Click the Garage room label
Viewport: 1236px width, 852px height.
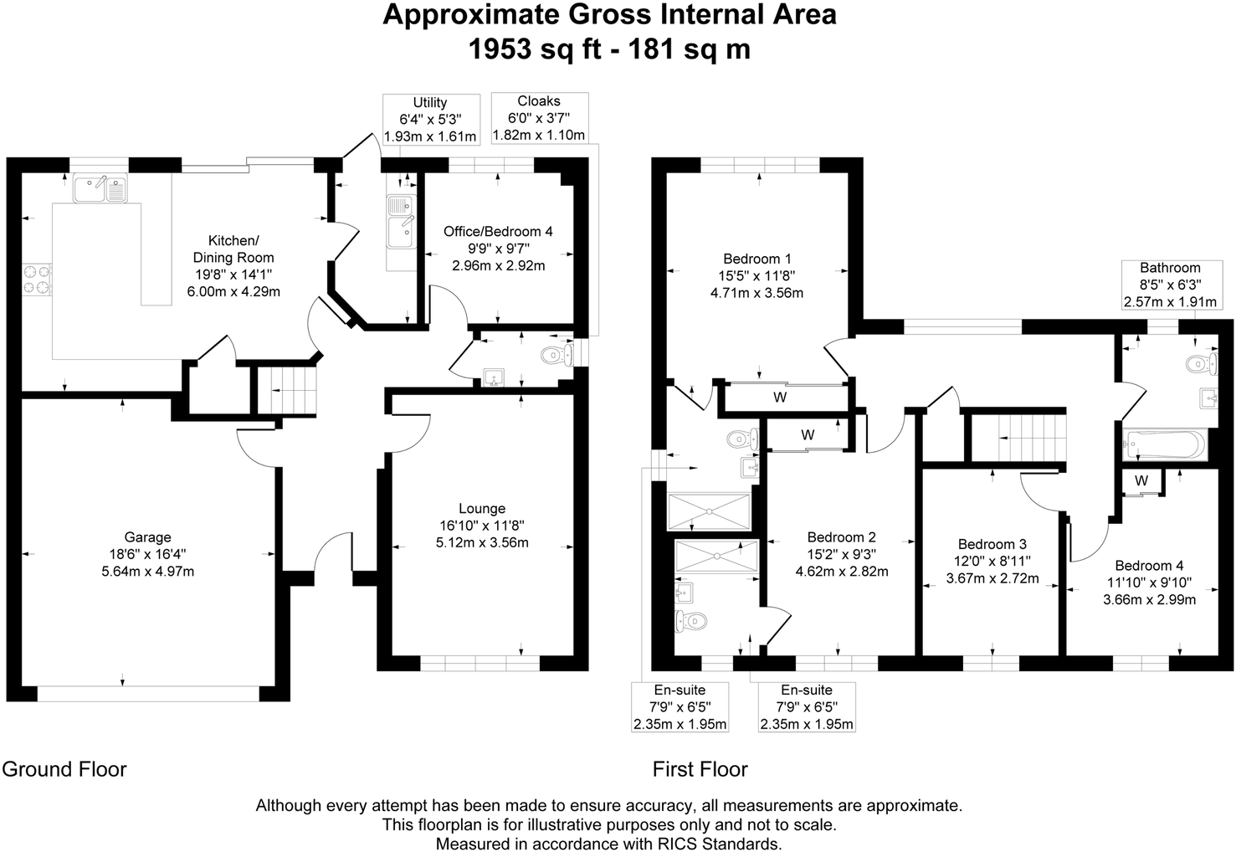(147, 537)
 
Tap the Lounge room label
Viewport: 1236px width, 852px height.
(482, 508)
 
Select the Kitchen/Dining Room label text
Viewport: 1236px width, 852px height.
(233, 249)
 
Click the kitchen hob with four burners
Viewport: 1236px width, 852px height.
(37, 280)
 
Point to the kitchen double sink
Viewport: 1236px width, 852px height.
(100, 187)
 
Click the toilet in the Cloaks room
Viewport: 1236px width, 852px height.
(557, 355)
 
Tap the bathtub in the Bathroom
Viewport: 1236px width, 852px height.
(1165, 445)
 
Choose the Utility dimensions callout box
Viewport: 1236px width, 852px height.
(431, 119)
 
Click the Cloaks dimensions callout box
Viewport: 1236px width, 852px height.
(539, 118)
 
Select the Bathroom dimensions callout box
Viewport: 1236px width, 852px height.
(1171, 285)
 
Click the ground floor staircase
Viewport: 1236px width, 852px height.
(287, 391)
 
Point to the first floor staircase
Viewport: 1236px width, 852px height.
(1018, 438)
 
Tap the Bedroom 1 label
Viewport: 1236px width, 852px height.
(757, 259)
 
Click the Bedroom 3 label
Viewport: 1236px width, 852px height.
(992, 544)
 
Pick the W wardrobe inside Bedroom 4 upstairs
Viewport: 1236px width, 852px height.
(1141, 481)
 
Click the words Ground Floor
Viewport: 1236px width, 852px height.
(64, 768)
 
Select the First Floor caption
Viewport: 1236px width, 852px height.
(700, 768)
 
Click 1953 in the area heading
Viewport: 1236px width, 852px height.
(500, 49)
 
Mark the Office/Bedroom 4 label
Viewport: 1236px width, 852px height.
(498, 231)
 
